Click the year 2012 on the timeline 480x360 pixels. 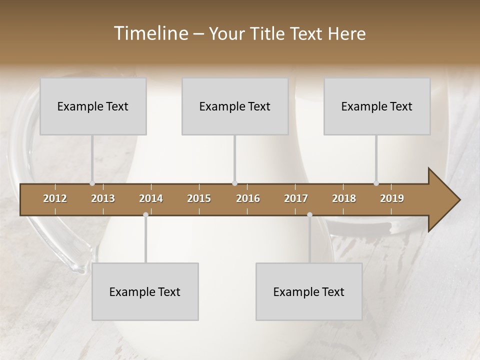(x=55, y=198)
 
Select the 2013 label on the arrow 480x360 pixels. (x=103, y=198)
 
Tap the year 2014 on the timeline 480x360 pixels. (x=151, y=198)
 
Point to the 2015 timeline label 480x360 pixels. (x=199, y=198)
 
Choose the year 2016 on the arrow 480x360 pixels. (x=248, y=198)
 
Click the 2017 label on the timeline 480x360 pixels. (x=296, y=198)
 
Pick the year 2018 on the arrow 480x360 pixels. (x=344, y=198)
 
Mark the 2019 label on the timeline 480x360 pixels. (x=392, y=198)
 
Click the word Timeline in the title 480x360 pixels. (x=150, y=33)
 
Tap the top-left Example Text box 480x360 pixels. (x=93, y=106)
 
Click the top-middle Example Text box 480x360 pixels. (x=235, y=106)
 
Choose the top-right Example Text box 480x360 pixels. (x=377, y=106)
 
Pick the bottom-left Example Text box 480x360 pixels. (x=145, y=291)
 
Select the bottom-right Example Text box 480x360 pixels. (x=309, y=291)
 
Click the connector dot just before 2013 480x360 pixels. (x=92, y=183)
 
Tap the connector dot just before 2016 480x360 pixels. (x=234, y=183)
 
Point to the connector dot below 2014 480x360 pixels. (x=145, y=214)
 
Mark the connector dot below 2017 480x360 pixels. (x=309, y=214)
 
